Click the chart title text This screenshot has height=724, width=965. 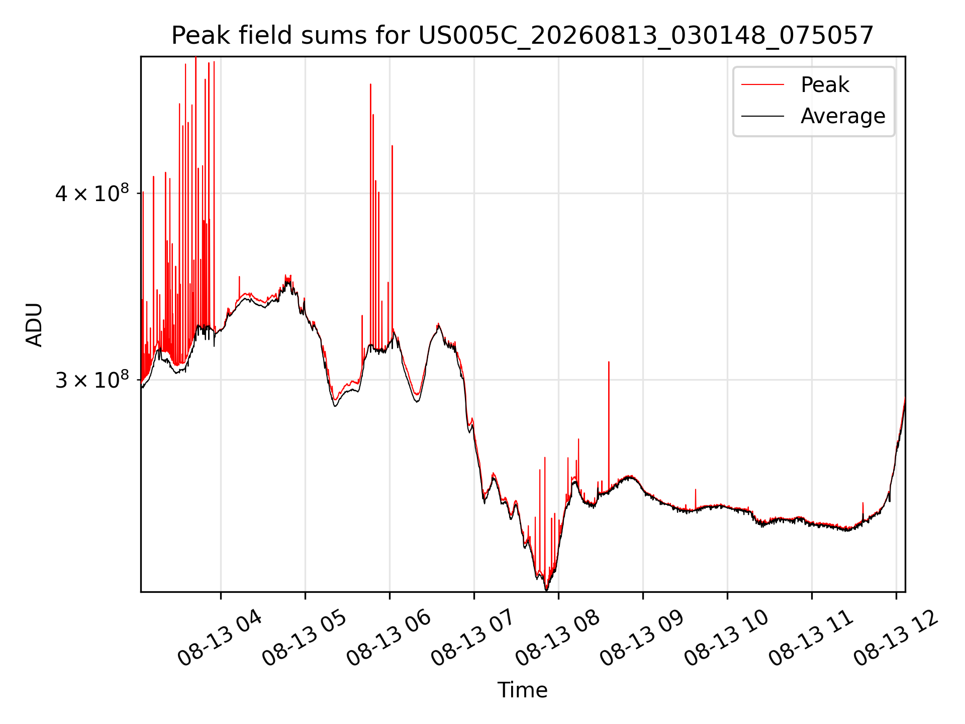[x=523, y=36]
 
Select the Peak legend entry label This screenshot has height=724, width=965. [x=825, y=84]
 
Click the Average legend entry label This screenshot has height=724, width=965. [x=843, y=116]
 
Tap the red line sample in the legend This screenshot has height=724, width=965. [x=762, y=84]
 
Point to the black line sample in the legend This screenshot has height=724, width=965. [x=762, y=116]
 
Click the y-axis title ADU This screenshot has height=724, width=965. [x=34, y=325]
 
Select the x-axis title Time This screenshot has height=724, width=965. [x=523, y=690]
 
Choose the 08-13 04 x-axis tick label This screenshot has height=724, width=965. [x=220, y=638]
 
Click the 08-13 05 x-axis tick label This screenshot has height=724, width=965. [x=305, y=638]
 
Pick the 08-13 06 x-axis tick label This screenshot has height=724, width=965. [x=389, y=638]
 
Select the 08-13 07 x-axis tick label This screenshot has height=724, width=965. [x=473, y=638]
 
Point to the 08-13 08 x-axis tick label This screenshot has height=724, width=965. [x=558, y=638]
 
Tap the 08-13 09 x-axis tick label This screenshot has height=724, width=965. [x=642, y=638]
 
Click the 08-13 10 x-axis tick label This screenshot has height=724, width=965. [x=727, y=638]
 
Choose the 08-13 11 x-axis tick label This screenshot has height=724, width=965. [x=811, y=638]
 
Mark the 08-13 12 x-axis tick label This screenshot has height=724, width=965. [x=896, y=638]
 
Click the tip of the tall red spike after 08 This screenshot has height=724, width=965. [x=609, y=361]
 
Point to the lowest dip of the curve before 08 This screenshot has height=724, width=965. [x=546, y=590]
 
